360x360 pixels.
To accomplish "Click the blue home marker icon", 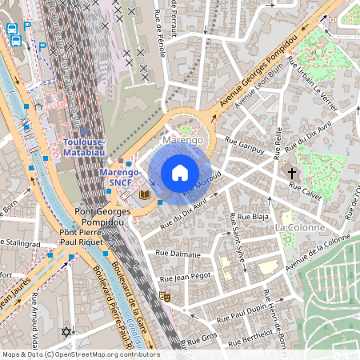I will [179, 173].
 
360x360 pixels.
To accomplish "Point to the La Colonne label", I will [299, 227].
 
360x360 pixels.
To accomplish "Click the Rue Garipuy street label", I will [244, 142].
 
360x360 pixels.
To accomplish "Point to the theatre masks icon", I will [166, 296].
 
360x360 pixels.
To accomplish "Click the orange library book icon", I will [144, 194].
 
